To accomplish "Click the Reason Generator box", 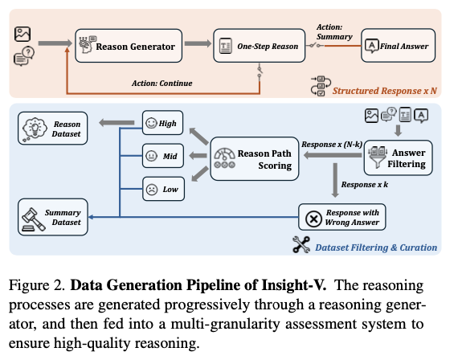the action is click(x=129, y=46).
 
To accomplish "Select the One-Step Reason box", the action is click(x=259, y=46).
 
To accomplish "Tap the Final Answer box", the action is click(x=398, y=46).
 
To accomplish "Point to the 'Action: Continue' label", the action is click(x=162, y=84).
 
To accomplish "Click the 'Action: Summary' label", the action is click(x=334, y=32).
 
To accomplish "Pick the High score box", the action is click(x=162, y=123).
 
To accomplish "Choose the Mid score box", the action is click(x=162, y=156).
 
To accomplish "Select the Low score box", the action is click(x=163, y=189).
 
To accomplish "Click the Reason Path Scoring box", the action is click(x=255, y=158).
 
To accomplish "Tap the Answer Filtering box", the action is click(x=398, y=157).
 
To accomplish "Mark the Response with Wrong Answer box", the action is click(x=342, y=217).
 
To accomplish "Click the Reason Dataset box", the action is click(x=52, y=129).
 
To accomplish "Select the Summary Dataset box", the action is click(x=52, y=217).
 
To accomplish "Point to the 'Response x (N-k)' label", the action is click(x=332, y=145).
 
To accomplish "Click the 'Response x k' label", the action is click(x=365, y=185).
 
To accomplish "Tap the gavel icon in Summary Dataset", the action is click(x=33, y=219).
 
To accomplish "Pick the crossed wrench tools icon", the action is click(x=301, y=244).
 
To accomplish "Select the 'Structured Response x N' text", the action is click(x=385, y=91).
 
